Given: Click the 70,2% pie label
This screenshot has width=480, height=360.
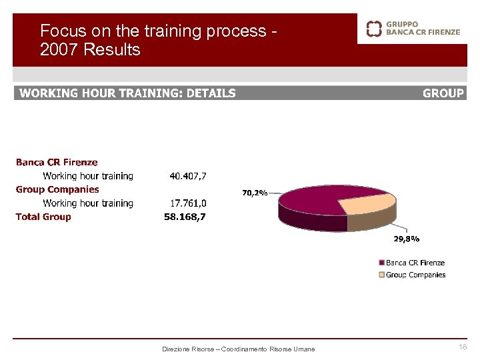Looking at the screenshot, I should click(255, 193).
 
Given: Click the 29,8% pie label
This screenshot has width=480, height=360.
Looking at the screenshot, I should click(407, 239).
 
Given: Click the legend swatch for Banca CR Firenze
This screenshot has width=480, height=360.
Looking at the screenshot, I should click(382, 263).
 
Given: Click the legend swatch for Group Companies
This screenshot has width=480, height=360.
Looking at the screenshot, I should click(382, 275).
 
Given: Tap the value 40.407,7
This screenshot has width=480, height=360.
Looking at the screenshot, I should click(188, 177).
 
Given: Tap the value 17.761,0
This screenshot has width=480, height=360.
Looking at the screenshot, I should click(188, 203).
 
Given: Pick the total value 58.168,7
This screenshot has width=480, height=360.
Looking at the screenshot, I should click(185, 217).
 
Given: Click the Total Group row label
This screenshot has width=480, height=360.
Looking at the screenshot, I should click(43, 217).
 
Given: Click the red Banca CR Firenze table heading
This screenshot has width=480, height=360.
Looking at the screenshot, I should click(57, 162).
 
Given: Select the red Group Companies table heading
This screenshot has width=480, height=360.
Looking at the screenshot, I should click(57, 189).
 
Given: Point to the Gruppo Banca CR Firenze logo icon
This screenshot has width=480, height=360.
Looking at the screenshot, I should click(374, 28).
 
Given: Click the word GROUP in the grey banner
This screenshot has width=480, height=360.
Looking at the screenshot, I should click(443, 93).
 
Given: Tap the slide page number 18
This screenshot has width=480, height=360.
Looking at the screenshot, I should click(463, 347).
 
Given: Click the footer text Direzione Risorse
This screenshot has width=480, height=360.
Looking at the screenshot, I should click(189, 349).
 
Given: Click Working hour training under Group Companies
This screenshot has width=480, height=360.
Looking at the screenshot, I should click(88, 203).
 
